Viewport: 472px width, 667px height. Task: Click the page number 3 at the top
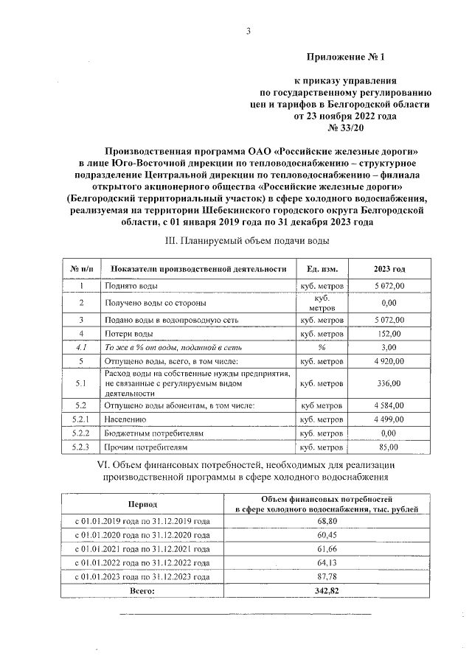tap(249, 30)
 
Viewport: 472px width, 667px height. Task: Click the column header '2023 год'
tap(389, 269)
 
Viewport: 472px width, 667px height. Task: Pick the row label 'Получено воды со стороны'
tap(155, 302)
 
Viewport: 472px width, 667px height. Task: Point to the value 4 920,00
tap(389, 361)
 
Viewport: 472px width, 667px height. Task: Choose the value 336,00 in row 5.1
tap(389, 383)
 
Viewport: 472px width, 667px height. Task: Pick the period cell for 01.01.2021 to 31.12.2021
tap(142, 549)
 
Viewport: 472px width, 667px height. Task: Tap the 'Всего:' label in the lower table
tap(142, 591)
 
